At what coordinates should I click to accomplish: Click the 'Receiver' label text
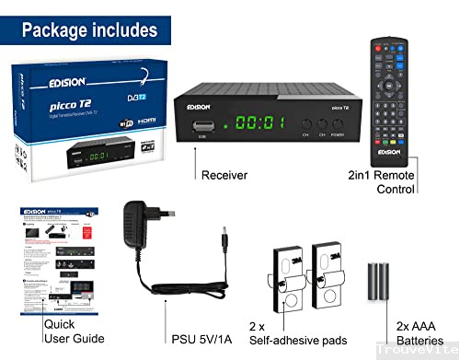[x=224, y=174]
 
